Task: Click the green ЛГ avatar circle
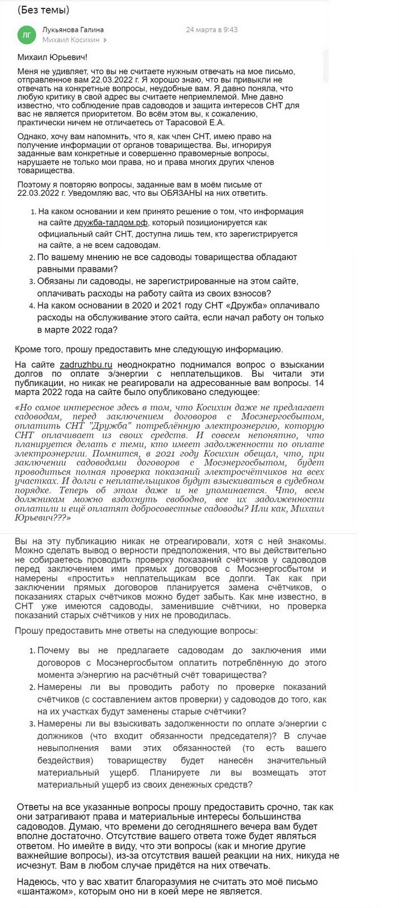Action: tap(26, 35)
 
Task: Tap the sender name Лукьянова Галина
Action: tap(73, 30)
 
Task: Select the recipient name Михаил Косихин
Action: tap(70, 40)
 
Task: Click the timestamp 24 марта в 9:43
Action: tap(212, 30)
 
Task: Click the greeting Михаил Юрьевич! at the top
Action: tap(53, 57)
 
